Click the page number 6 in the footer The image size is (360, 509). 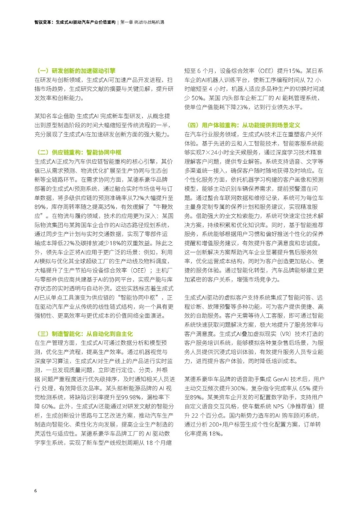coord(36,491)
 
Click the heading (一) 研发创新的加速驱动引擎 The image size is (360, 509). coord(76,71)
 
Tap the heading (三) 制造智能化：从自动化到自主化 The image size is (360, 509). coord(85,334)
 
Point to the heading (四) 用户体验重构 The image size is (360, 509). coord(243,125)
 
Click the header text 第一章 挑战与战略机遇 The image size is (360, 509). coord(142,22)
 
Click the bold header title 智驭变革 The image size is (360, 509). coord(43,22)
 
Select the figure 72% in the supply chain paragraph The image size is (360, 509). coord(139,198)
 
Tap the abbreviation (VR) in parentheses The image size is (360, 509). coord(285,334)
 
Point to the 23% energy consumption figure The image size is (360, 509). coord(243,107)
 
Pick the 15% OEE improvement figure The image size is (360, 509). coord(294,71)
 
